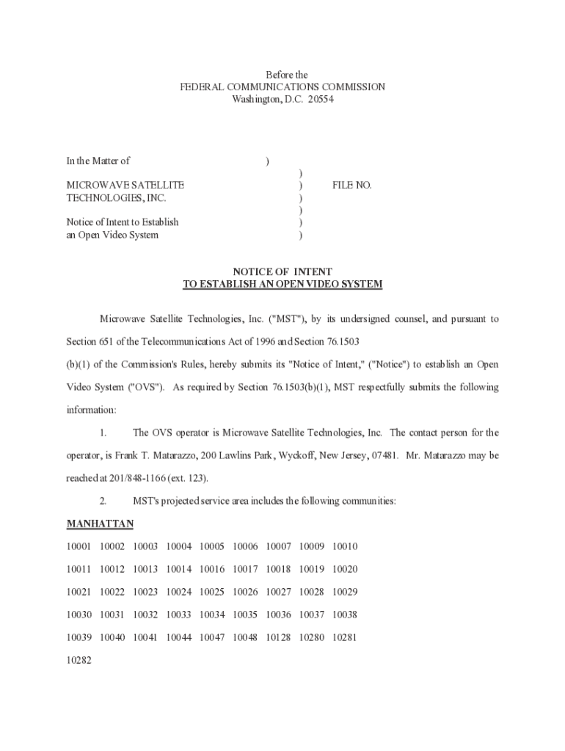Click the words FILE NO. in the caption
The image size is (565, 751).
[x=352, y=186]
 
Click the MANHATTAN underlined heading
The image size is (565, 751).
[x=100, y=524]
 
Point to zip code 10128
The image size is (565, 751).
[x=278, y=637]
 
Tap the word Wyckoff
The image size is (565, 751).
[x=287, y=455]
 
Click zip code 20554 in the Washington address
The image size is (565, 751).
[x=321, y=99]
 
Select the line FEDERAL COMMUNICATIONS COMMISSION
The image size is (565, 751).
[x=282, y=87]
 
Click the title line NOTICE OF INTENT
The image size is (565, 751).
[x=282, y=271]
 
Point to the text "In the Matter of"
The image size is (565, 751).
[x=98, y=161]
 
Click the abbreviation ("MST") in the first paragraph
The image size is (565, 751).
[x=286, y=319]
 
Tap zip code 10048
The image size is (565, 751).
[x=245, y=637]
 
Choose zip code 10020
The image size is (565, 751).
[x=345, y=569]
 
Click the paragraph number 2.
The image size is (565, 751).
[x=103, y=501]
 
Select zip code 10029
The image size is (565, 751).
[x=345, y=592]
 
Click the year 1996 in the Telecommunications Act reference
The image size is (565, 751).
[x=247, y=342]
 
